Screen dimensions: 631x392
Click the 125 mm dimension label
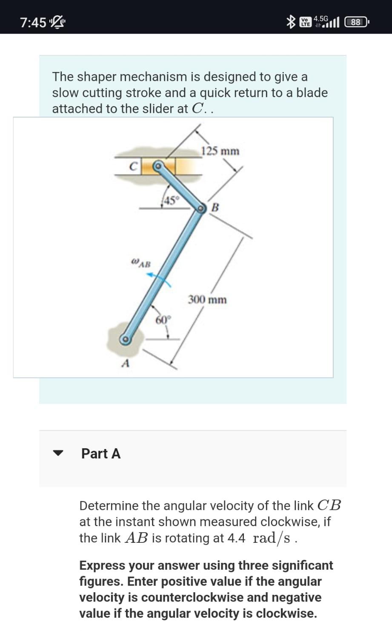coord(220,151)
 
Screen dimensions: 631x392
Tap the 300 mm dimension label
coord(207,300)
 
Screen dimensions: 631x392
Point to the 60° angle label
coord(163,320)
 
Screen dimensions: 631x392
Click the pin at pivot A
coord(125,339)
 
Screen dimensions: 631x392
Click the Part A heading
coord(101,453)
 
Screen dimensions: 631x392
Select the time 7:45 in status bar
coord(33,22)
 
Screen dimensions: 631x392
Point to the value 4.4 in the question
coord(236,538)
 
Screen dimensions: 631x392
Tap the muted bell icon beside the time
coord(56,22)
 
